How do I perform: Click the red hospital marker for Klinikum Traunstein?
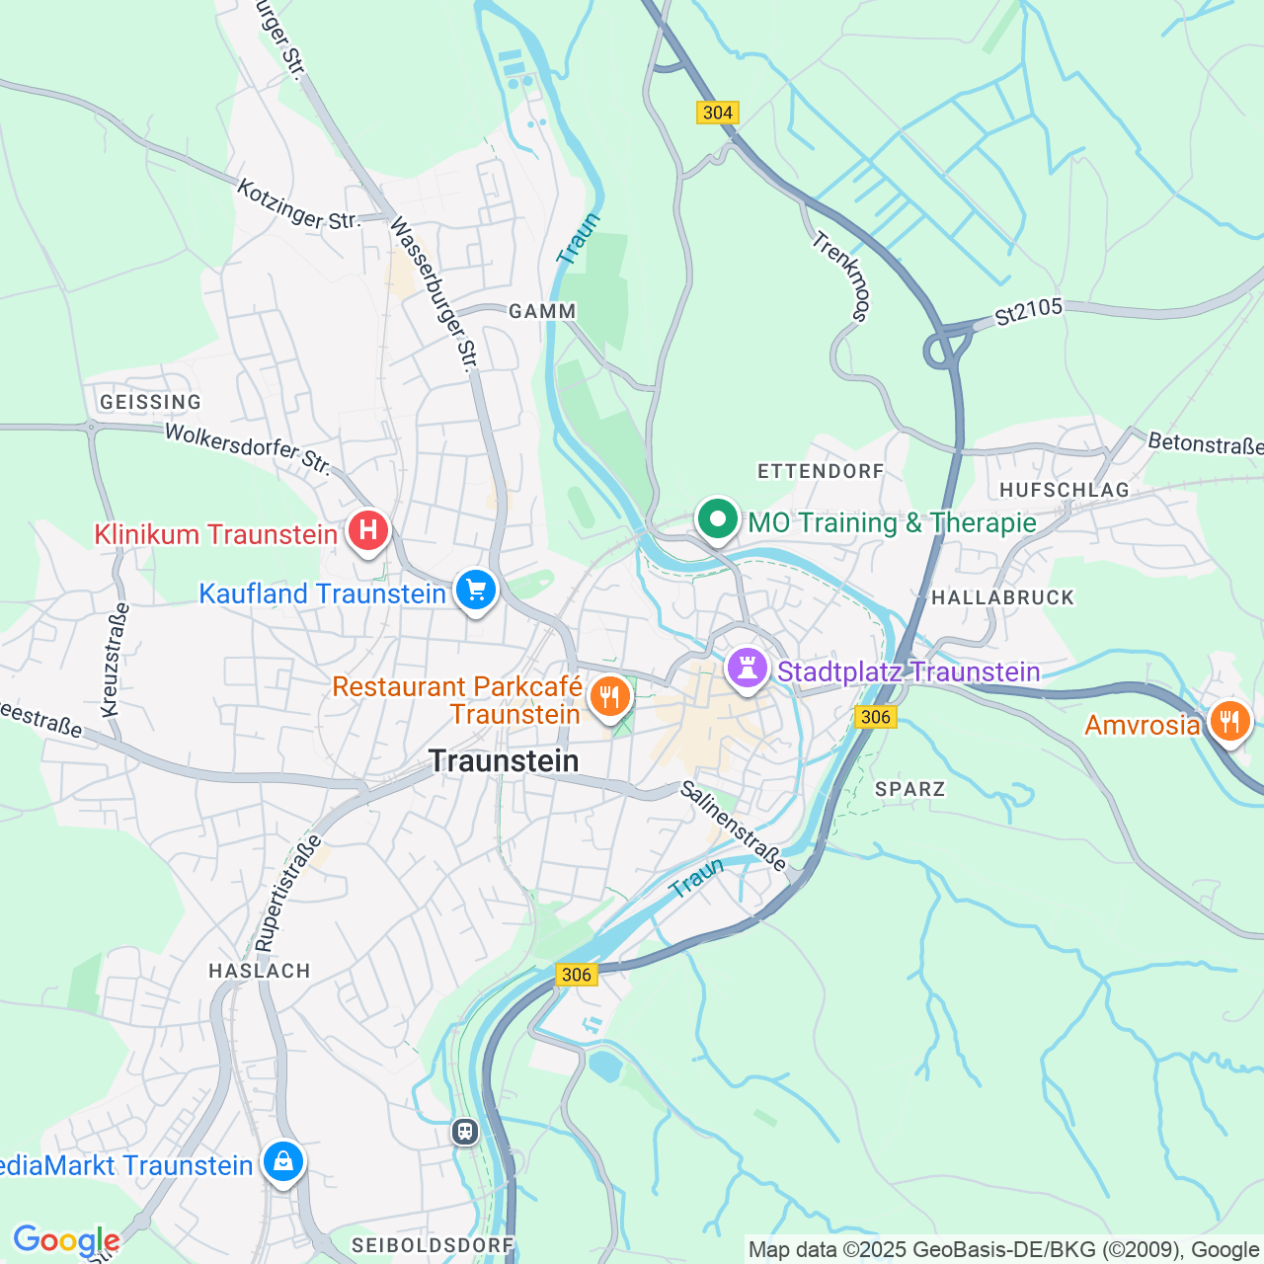tap(367, 531)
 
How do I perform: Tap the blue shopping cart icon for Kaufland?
tap(476, 591)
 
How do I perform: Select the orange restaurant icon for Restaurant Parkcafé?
tap(610, 697)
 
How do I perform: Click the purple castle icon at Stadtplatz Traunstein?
tap(748, 669)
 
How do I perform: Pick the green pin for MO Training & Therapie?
tap(718, 518)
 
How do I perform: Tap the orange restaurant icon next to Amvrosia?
tap(1229, 722)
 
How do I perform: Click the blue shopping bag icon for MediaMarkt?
tap(283, 1161)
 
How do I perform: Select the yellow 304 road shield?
tap(717, 113)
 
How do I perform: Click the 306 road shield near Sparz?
tap(875, 717)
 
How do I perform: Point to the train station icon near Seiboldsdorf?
tap(465, 1131)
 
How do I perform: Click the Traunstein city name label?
tap(504, 761)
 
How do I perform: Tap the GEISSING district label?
tap(150, 402)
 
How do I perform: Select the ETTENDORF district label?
tap(821, 471)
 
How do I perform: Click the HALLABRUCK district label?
tap(1002, 597)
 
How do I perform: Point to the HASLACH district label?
tap(260, 971)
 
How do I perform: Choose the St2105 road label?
tap(1028, 311)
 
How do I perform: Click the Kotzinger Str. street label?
tap(298, 204)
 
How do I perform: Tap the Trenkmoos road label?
tap(841, 277)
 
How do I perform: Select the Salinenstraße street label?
tap(735, 827)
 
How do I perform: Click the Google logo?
tap(66, 1241)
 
